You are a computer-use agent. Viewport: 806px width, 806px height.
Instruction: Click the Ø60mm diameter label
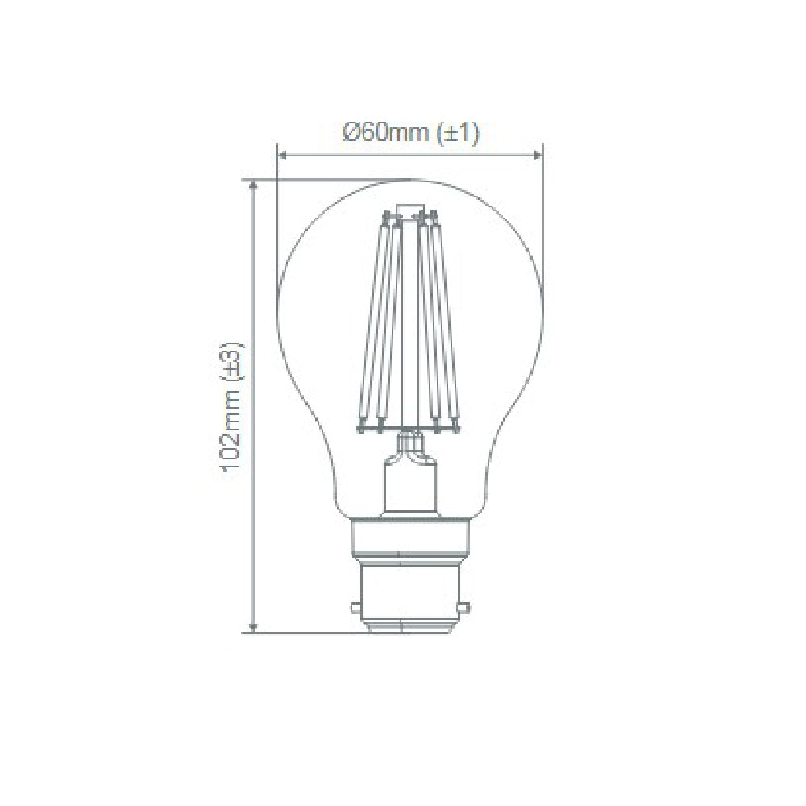[x=386, y=134]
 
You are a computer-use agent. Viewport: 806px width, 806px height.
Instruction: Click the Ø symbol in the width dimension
[x=350, y=134]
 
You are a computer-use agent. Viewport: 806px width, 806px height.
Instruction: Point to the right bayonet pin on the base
[x=462, y=600]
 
